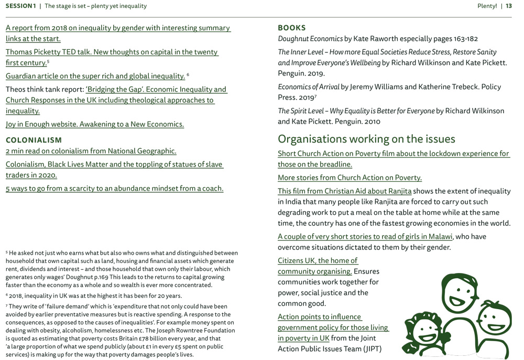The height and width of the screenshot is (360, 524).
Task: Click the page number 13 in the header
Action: [508, 6]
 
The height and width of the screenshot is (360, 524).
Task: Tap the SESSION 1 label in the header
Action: [20, 6]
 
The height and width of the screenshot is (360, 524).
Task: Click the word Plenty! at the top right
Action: [487, 6]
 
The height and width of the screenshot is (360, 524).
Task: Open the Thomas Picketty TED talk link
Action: [112, 52]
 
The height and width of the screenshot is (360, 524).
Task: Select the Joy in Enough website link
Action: [95, 125]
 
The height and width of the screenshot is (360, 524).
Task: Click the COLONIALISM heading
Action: [34, 140]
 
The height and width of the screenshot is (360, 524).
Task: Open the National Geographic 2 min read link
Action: [91, 151]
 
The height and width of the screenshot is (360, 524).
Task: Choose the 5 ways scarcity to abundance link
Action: [114, 189]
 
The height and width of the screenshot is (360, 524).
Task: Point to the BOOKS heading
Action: [291, 28]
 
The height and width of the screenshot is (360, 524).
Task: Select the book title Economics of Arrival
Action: [309, 87]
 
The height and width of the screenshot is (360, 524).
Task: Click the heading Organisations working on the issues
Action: [366, 139]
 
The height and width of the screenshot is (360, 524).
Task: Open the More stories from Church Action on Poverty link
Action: [350, 178]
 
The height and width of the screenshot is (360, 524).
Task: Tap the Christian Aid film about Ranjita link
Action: [344, 191]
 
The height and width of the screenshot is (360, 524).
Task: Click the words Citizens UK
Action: [296, 261]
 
